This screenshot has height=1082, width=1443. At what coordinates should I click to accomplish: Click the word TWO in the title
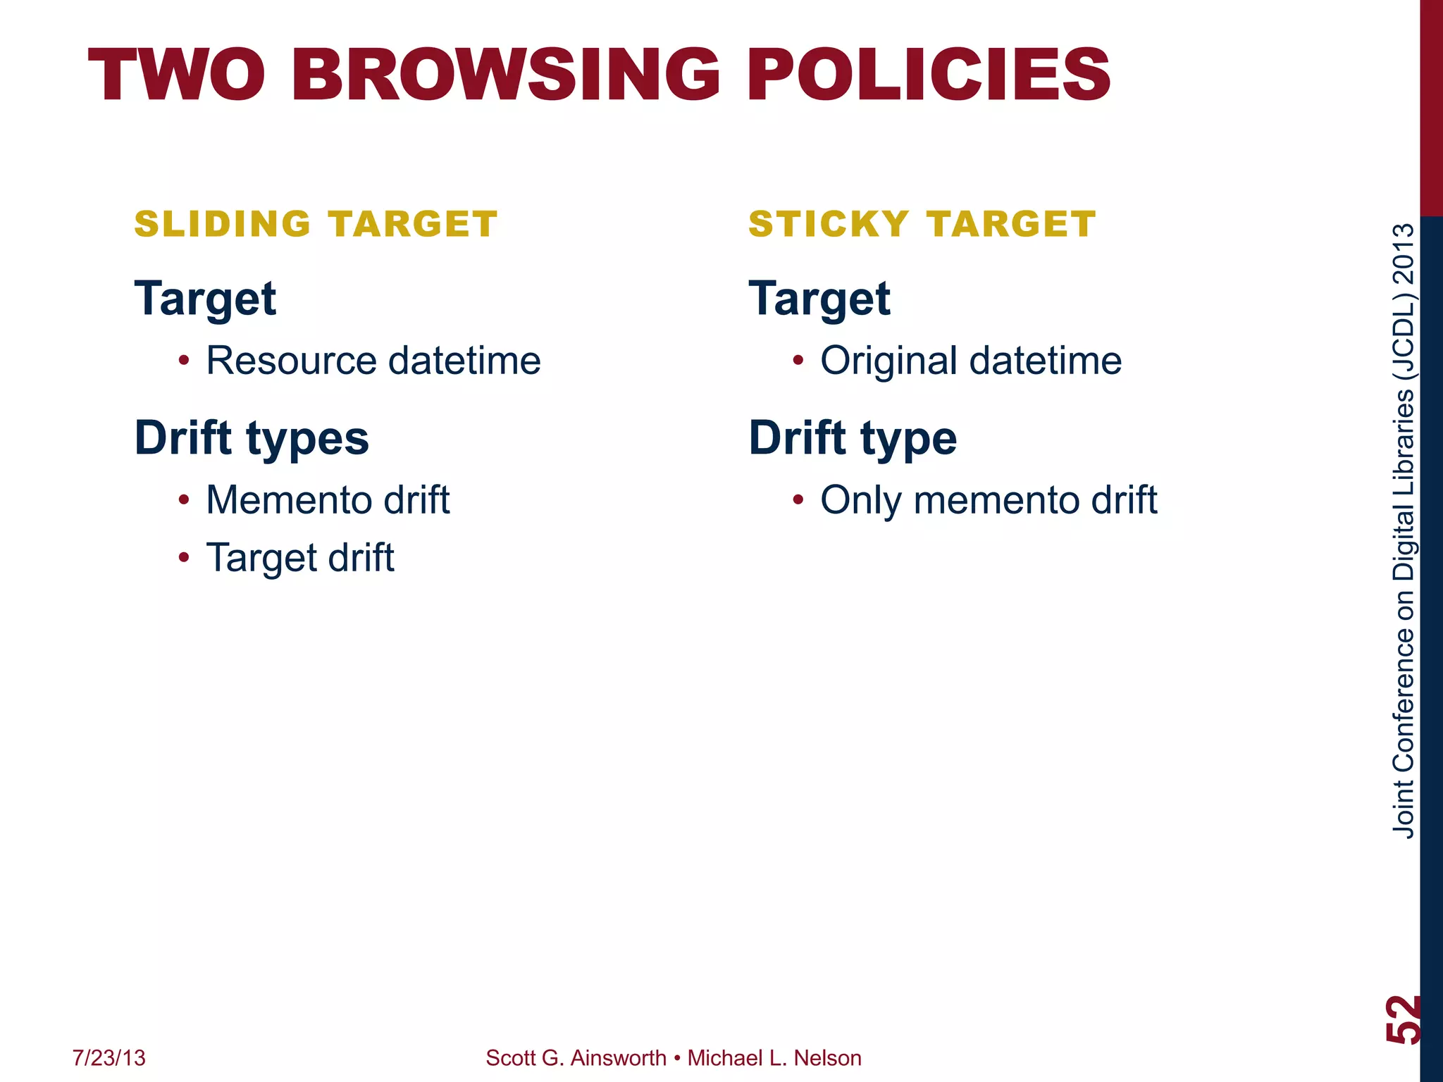177,75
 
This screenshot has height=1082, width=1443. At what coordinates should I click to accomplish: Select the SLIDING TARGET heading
316,225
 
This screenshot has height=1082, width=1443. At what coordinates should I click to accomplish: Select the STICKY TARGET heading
922,225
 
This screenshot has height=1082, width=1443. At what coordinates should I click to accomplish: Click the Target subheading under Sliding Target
205,299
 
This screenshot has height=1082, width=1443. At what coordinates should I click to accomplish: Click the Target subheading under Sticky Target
819,299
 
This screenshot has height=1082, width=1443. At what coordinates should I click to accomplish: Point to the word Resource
291,361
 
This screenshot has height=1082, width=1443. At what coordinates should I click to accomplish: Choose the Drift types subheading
252,438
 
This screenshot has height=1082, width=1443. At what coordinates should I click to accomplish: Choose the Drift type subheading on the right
853,438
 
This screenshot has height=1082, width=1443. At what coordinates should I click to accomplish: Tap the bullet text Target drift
299,558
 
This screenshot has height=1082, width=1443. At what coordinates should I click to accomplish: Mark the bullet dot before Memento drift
184,501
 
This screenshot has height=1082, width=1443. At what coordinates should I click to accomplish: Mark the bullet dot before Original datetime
798,361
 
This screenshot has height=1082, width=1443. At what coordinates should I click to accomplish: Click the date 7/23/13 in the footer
109,1058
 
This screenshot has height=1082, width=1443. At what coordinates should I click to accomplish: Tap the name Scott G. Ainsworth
576,1058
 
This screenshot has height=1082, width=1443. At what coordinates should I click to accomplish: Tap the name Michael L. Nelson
774,1058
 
